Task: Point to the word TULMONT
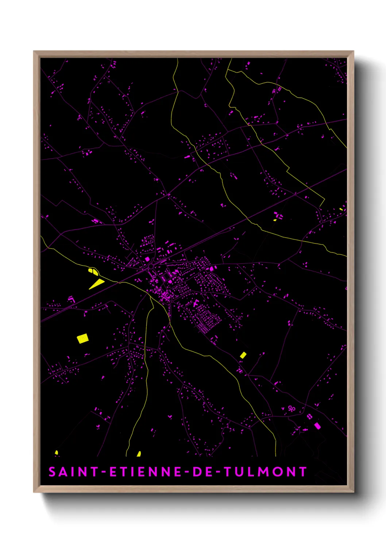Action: click(265, 472)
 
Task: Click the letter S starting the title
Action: click(52, 472)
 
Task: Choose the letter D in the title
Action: click(196, 472)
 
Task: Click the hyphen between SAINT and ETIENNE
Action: click(104, 472)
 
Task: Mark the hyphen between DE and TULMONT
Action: click(218, 472)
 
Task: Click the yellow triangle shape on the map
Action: click(96, 284)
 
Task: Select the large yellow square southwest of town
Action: click(82, 339)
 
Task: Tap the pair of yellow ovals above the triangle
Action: click(93, 271)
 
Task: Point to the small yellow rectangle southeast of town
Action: click(243, 355)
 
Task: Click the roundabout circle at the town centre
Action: click(151, 267)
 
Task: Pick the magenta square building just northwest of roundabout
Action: click(147, 259)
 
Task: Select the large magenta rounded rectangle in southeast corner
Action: click(317, 425)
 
